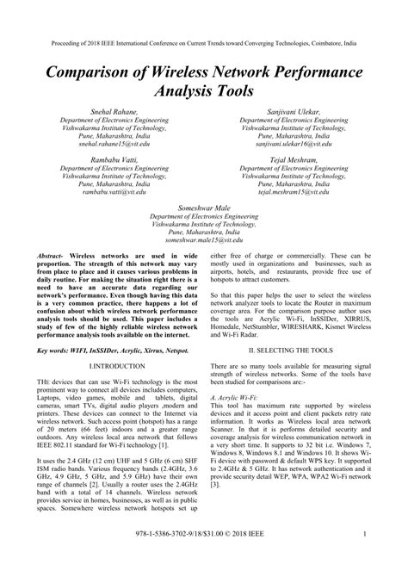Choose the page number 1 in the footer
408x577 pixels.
(366, 557)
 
